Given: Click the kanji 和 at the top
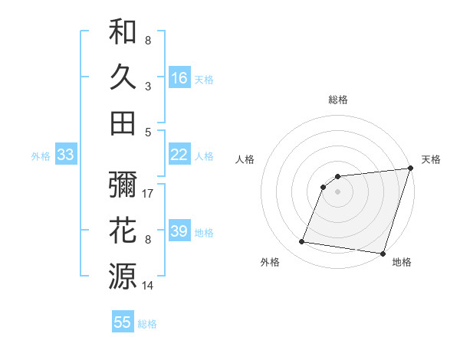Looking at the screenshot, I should pyautogui.click(x=123, y=32).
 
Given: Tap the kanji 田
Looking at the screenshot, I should pyautogui.click(x=123, y=123).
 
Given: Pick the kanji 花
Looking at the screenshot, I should pyautogui.click(x=123, y=230).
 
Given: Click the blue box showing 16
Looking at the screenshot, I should pyautogui.click(x=179, y=77).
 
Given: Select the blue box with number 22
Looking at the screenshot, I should pyautogui.click(x=179, y=155).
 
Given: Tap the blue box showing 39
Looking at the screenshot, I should pyautogui.click(x=179, y=231).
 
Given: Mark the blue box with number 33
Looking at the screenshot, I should pyautogui.click(x=66, y=155).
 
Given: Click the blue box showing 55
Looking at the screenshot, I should pyautogui.click(x=123, y=322).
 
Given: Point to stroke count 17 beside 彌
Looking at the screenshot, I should pyautogui.click(x=148, y=194).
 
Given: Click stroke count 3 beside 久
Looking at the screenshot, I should pyautogui.click(x=148, y=86).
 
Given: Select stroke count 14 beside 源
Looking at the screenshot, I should pyautogui.click(x=148, y=286).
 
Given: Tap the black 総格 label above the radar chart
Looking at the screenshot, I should pyautogui.click(x=338, y=100).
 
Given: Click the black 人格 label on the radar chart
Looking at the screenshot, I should pyautogui.click(x=245, y=159).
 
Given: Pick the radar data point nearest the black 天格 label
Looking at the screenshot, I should pyautogui.click(x=410, y=169).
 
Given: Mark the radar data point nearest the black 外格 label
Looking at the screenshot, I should pyautogui.click(x=302, y=242).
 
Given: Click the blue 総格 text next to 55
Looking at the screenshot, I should pyautogui.click(x=147, y=324).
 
